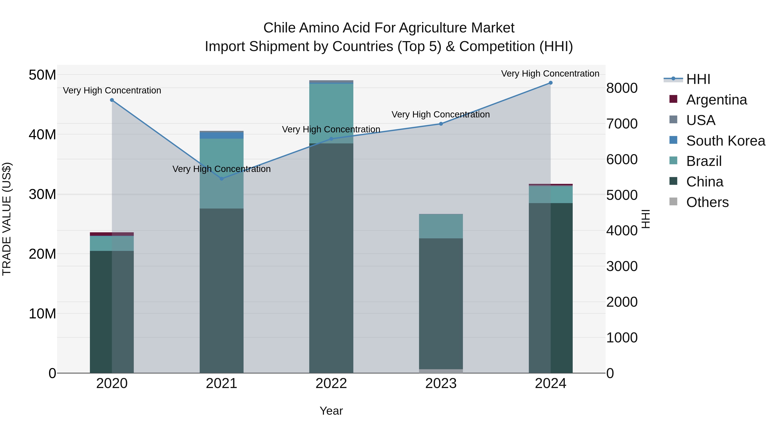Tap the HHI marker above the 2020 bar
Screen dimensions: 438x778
[112, 100]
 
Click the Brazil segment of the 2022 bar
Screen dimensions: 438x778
[331, 113]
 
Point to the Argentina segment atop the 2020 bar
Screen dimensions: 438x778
[112, 234]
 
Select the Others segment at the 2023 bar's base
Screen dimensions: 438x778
[441, 371]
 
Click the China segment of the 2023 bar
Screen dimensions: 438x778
[441, 302]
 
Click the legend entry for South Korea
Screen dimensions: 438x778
[725, 141]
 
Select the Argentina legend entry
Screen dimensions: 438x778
[716, 100]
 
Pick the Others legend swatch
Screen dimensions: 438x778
[673, 202]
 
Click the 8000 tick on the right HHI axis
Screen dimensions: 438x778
[622, 88]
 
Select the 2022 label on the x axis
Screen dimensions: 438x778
[331, 383]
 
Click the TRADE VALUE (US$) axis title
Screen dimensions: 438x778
[7, 219]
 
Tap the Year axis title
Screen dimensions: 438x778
[331, 411]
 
